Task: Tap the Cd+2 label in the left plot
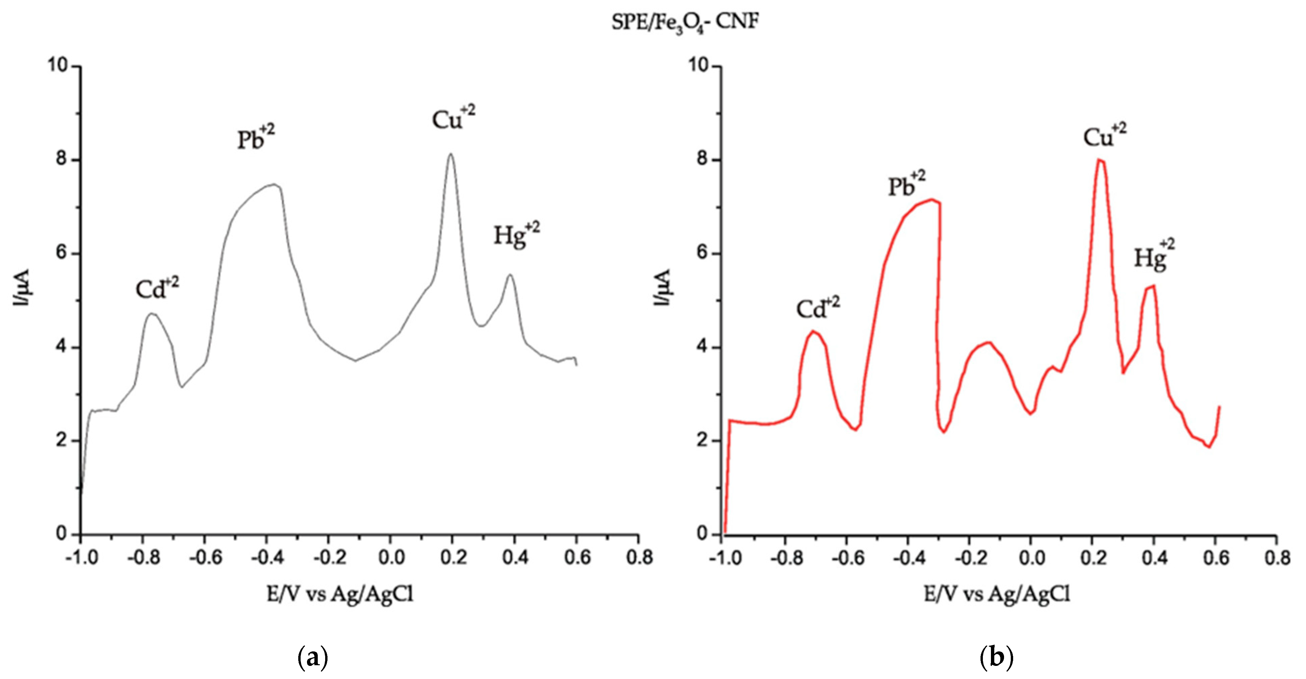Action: coord(157,289)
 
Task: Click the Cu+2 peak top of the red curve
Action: coord(1099,160)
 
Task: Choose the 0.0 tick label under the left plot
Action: coord(391,558)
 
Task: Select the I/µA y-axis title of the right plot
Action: coord(662,288)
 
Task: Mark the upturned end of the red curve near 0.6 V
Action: coord(1219,407)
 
